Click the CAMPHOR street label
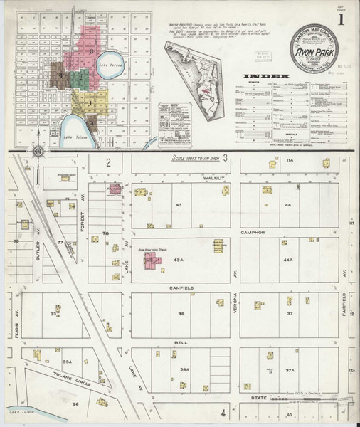pyautogui.click(x=251, y=232)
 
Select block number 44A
pyautogui.click(x=288, y=260)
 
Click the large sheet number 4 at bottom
pyautogui.click(x=223, y=413)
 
